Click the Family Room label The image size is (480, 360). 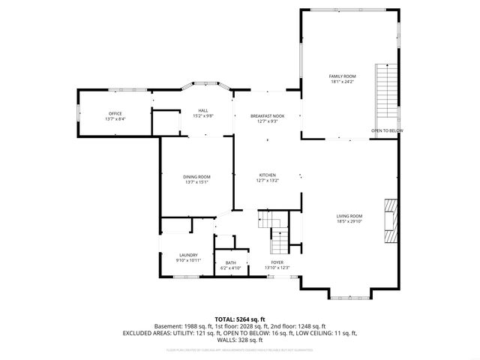coord(342,76)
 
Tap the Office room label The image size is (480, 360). coord(115,113)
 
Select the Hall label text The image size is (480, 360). coord(202,110)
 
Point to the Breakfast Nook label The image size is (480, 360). coord(267,116)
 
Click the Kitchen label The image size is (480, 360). coord(267,175)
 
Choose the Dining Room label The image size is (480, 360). coord(196,176)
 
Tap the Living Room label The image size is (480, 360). coord(349,216)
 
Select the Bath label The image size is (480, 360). coord(230,262)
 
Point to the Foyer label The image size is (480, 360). coord(277,262)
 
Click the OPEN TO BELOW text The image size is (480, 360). coord(386,131)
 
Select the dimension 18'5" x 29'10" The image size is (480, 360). coord(349,221)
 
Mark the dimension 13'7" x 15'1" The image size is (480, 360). coord(196,181)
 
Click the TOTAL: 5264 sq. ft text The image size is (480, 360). coord(240,319)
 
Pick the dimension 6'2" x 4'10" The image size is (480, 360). coord(230,268)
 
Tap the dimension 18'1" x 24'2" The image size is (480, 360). coord(342,81)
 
